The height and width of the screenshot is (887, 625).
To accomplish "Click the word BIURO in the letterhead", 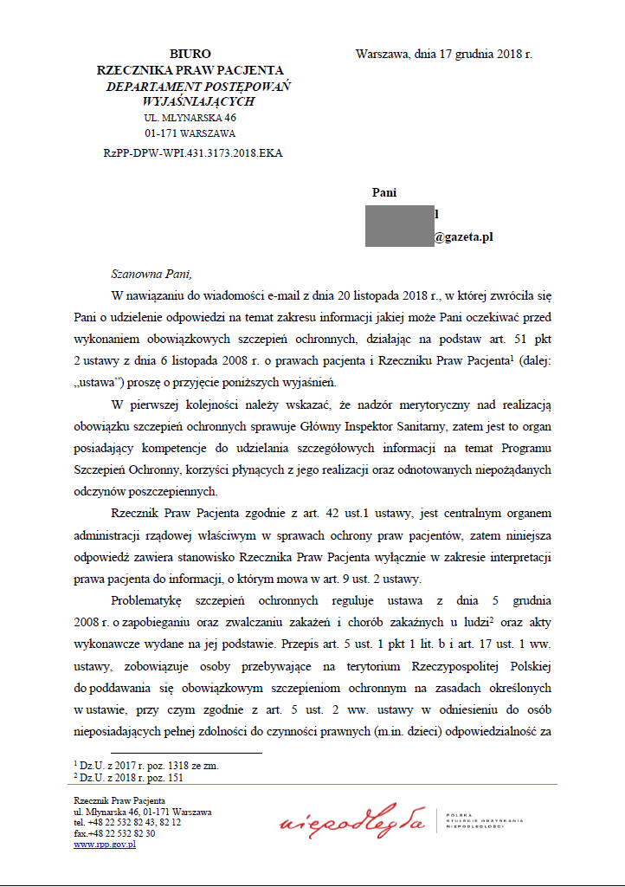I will pyautogui.click(x=190, y=54).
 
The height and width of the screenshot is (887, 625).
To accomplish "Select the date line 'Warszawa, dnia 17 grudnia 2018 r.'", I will pyautogui.click(x=443, y=54).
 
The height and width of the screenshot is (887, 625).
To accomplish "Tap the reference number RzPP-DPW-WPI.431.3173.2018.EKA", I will pyautogui.click(x=192, y=152).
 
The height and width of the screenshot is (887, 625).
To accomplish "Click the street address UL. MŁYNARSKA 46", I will pyautogui.click(x=190, y=118).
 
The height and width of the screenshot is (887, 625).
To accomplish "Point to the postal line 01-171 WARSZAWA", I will pyautogui.click(x=190, y=133).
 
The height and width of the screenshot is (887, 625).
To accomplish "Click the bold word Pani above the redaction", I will pyautogui.click(x=384, y=192).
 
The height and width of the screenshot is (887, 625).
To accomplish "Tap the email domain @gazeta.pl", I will pyautogui.click(x=463, y=236).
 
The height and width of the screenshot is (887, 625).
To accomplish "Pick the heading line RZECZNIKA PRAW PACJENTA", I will pyautogui.click(x=190, y=70).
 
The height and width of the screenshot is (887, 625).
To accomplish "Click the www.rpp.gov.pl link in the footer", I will pyautogui.click(x=105, y=845).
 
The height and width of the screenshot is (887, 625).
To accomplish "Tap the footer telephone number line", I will pyautogui.click(x=127, y=822).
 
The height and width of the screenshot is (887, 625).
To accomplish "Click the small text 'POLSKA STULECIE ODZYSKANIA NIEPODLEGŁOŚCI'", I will pyautogui.click(x=486, y=819).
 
